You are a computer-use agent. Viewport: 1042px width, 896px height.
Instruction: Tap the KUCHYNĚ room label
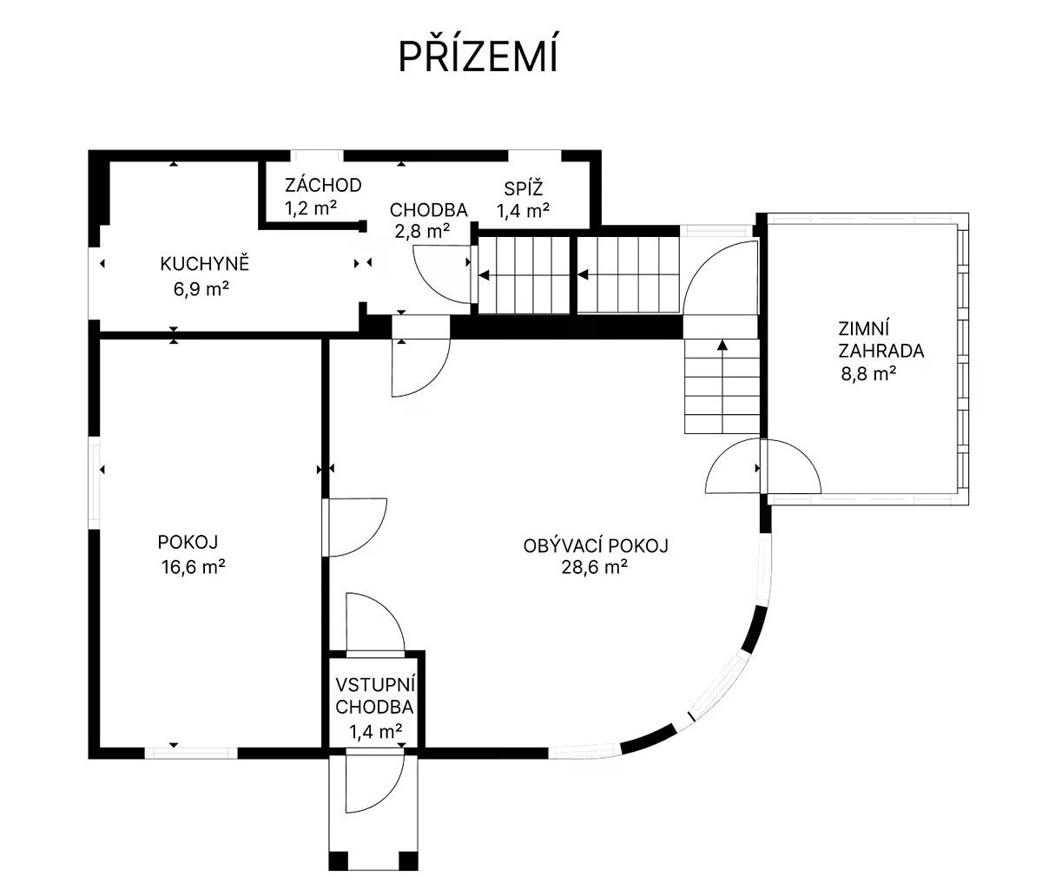[205, 264]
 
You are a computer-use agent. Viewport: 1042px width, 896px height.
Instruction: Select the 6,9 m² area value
[201, 289]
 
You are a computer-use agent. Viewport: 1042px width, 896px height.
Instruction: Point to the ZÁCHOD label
[323, 186]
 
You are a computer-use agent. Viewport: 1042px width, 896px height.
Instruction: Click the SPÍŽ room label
[524, 188]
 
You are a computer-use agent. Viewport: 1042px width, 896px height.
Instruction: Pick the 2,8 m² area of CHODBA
[422, 232]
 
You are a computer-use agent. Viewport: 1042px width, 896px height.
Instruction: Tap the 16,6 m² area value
[193, 567]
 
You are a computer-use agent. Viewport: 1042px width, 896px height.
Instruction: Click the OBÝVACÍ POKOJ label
[596, 546]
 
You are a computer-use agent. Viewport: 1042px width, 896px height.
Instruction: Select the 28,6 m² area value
[594, 568]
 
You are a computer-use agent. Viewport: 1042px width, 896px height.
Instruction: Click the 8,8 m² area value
[868, 374]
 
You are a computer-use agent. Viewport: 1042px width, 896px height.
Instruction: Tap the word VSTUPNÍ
[376, 685]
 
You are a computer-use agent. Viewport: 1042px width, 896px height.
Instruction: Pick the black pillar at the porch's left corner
[339, 861]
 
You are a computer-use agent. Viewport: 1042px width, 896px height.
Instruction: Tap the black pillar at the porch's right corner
[408, 861]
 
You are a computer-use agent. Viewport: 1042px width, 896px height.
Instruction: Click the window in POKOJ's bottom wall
[191, 753]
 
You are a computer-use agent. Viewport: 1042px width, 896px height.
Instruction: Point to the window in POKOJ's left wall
[95, 482]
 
